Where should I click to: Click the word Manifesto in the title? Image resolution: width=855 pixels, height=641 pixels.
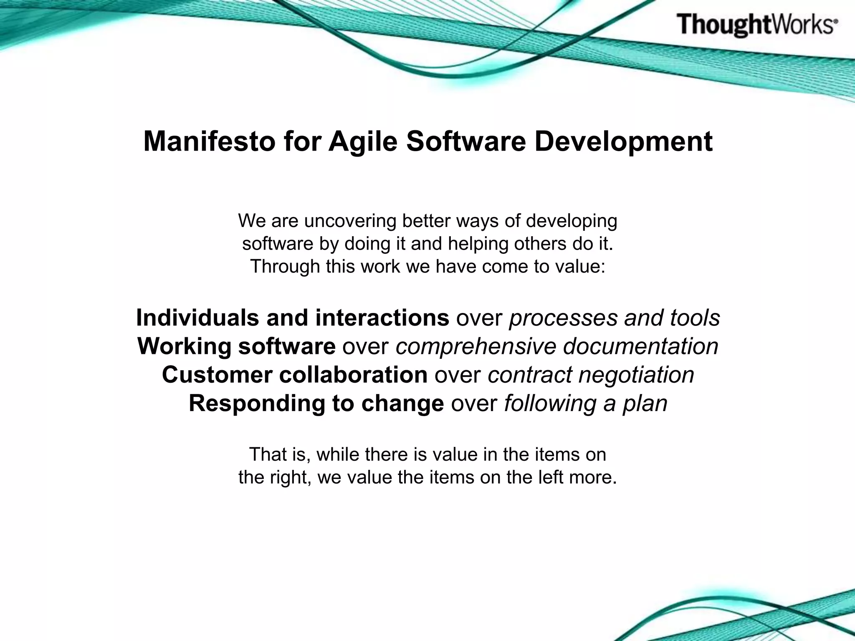click(x=210, y=142)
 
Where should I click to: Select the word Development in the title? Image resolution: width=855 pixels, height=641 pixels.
click(x=623, y=142)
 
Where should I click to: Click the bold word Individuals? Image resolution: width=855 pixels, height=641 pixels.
click(x=197, y=318)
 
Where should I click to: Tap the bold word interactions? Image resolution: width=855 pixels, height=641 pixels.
click(x=382, y=318)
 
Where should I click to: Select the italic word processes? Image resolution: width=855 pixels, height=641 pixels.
click(x=563, y=318)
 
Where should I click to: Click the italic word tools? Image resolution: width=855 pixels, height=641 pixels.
click(x=695, y=318)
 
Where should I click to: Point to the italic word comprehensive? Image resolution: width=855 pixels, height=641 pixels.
click(x=476, y=346)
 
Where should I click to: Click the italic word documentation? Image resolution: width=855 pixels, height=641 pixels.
click(x=640, y=346)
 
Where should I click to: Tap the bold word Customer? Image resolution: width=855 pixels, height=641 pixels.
click(x=217, y=375)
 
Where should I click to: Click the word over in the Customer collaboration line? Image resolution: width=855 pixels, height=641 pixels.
click(x=458, y=375)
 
